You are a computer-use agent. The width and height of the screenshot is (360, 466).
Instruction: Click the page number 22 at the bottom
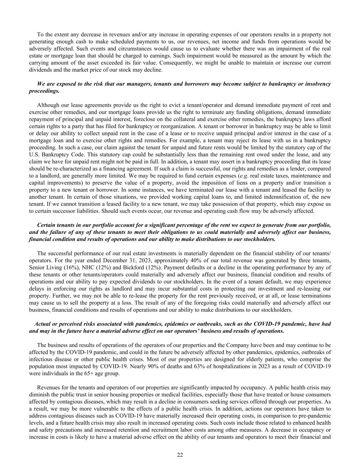pyautogui.click(x=180, y=455)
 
